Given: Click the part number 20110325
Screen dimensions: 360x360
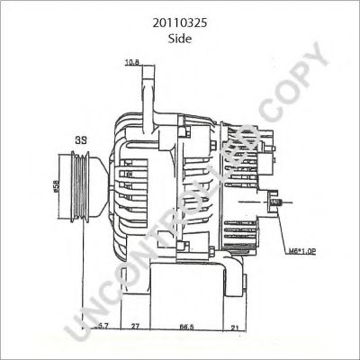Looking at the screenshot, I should coord(180,16).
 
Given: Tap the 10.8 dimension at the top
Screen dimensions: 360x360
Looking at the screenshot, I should coord(131,62).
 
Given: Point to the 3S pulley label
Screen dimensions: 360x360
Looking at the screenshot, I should coord(80,139).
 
